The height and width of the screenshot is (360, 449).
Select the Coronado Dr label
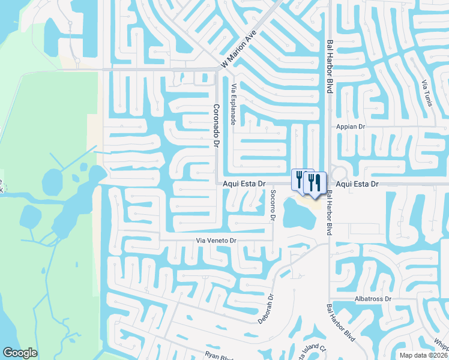tap(216, 126)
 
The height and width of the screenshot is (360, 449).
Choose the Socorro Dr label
tap(273, 206)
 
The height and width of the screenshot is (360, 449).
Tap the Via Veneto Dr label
tap(217, 241)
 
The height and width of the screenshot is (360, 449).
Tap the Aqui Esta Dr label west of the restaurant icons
tap(244, 184)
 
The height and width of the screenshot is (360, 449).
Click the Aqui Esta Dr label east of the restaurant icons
tap(357, 184)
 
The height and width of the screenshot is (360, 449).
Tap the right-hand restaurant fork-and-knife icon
tap(315, 182)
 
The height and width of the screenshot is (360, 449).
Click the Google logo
tap(20, 353)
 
